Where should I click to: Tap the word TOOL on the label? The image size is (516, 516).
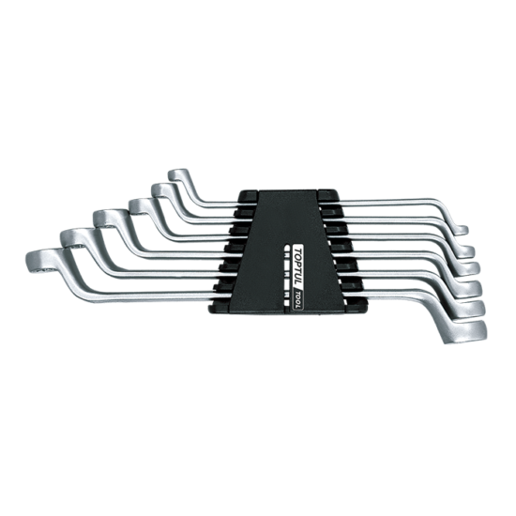pos(297,299)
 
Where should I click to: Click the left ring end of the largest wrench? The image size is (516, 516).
pos(41,262)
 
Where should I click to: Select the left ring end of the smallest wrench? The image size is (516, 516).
pos(178,175)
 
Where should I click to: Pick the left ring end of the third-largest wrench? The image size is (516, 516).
pos(110,219)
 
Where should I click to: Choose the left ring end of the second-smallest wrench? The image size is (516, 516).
pos(162,190)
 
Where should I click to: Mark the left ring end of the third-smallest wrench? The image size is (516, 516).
pos(141,206)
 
